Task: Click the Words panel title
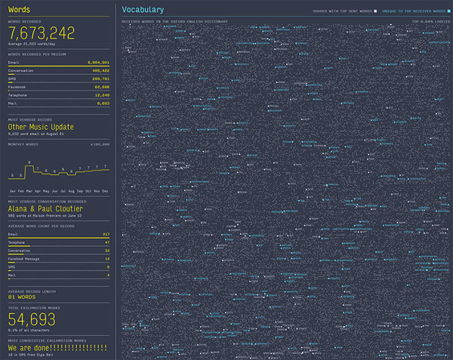click(19, 10)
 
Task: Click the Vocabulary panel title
click(143, 10)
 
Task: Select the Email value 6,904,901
click(98, 63)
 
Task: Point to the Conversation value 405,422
click(100, 71)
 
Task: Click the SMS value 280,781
click(100, 78)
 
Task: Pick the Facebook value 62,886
click(101, 87)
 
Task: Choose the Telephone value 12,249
click(101, 95)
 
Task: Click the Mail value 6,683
click(103, 103)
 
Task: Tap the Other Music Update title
click(41, 127)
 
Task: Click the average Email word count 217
click(106, 235)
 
